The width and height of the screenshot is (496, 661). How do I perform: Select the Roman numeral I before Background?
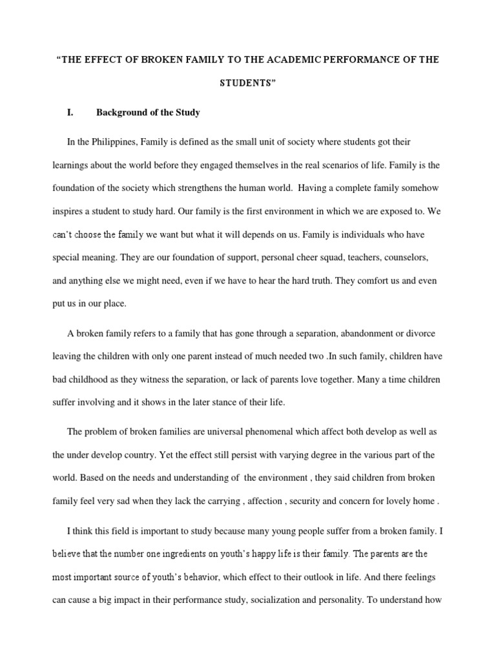pyautogui.click(x=70, y=112)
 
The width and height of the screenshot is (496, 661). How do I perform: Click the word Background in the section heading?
pyautogui.click(x=122, y=112)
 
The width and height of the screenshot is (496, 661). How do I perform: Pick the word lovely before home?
pyautogui.click(x=411, y=500)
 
